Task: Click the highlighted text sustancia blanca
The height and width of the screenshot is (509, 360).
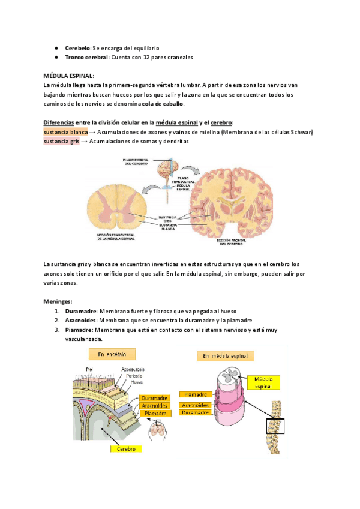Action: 65,132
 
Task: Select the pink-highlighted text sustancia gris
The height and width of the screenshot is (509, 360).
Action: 61,142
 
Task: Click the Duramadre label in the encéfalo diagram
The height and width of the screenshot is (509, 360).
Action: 155,397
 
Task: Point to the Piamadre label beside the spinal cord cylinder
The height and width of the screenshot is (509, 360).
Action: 196,394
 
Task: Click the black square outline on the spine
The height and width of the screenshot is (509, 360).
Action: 278,426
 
